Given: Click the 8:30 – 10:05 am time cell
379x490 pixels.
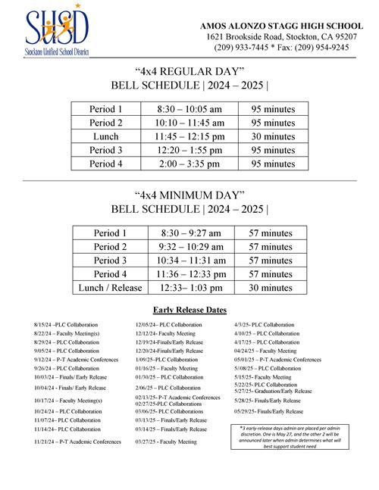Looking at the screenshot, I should [190, 109].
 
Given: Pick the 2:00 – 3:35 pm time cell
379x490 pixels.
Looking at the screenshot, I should [190, 163].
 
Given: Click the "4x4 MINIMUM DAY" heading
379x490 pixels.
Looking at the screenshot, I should [189, 195].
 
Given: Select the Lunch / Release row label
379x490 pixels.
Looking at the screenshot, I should [110, 287].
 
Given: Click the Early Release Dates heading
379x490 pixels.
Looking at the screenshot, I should [189, 310].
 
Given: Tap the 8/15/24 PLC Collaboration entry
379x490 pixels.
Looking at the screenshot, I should [67, 324].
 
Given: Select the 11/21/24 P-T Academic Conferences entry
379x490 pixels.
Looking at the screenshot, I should [77, 442].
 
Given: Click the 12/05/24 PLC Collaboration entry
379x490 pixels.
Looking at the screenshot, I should [168, 324].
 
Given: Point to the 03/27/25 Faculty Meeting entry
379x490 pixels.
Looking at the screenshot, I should [166, 442].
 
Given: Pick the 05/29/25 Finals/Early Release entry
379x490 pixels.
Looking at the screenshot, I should [268, 411].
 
